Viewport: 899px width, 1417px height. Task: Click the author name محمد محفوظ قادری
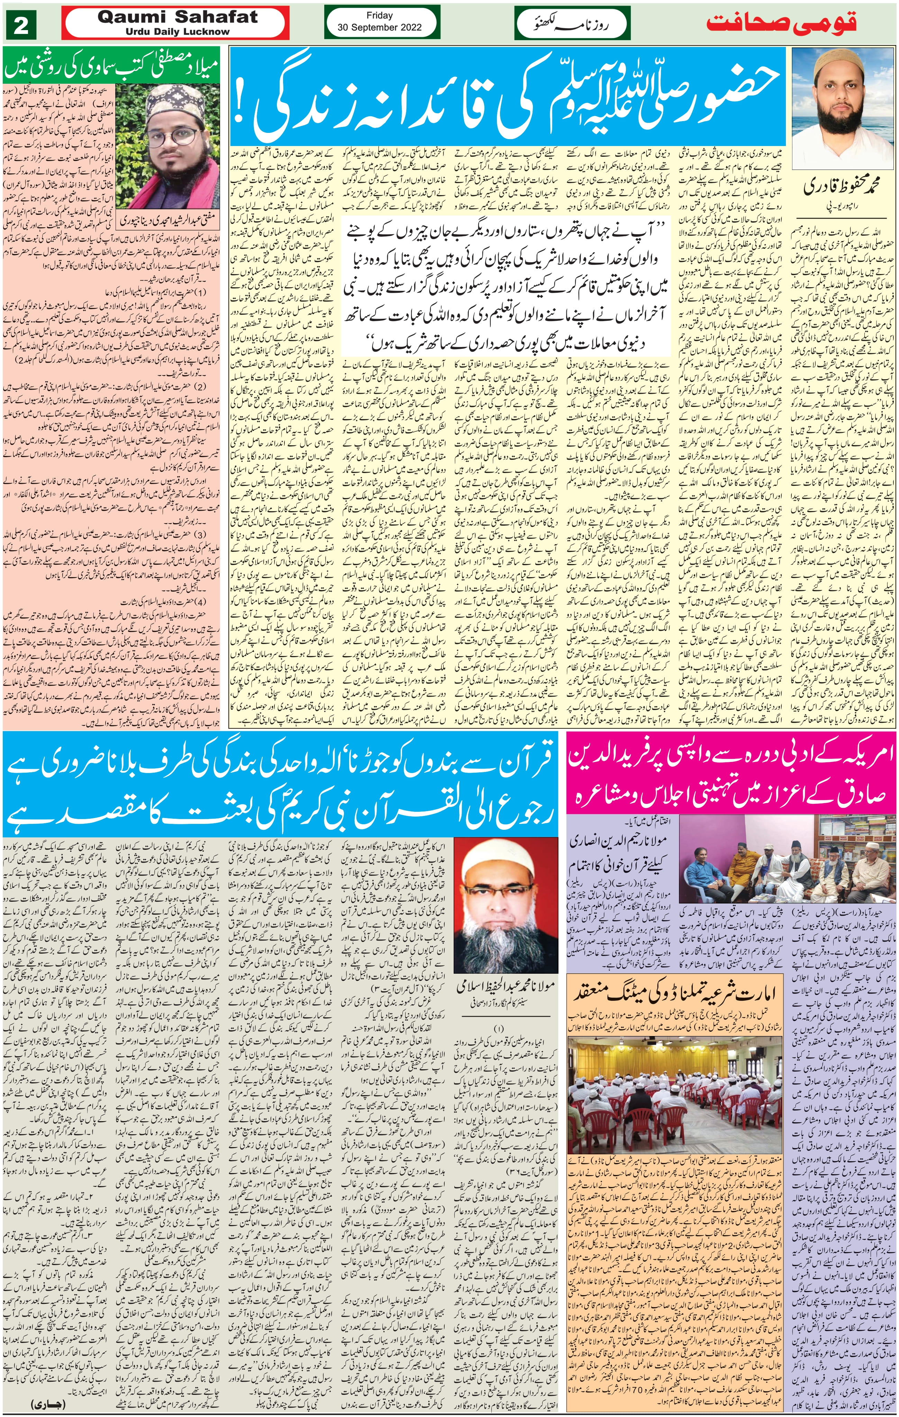click(x=843, y=188)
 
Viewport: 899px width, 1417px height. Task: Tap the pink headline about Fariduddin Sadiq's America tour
click(x=729, y=771)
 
